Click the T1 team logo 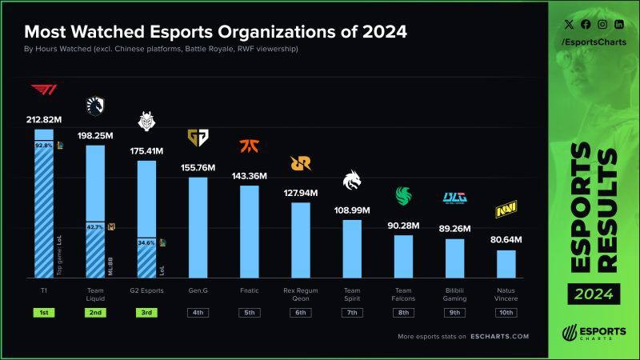click(43, 92)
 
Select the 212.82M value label click(43, 121)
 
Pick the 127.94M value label click(301, 193)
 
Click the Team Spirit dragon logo click(352, 182)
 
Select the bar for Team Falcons click(403, 255)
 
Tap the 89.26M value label click(454, 228)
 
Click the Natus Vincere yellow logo click(506, 210)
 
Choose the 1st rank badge click(43, 312)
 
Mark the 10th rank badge click(506, 312)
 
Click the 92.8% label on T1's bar click(43, 146)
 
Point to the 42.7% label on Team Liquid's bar click(95, 227)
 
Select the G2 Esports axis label click(146, 290)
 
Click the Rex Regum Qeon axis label click(301, 294)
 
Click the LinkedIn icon click(619, 25)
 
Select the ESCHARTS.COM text click(498, 337)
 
